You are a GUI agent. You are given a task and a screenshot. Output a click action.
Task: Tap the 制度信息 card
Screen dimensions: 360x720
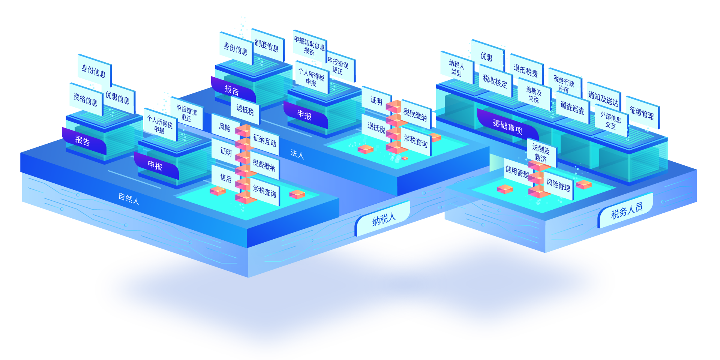coord(267,46)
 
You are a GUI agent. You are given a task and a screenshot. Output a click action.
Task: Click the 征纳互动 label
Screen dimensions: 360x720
coord(265,141)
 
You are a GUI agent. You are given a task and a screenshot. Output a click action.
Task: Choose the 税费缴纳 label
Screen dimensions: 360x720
coord(264,165)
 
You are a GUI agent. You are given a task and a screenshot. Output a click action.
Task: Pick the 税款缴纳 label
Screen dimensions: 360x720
coord(415,114)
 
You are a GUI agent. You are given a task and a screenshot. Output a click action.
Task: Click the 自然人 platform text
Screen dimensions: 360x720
coord(129,199)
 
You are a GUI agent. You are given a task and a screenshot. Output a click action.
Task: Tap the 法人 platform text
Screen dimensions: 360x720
coord(297,153)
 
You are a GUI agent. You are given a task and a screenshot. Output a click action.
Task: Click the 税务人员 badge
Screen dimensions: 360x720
coord(627,211)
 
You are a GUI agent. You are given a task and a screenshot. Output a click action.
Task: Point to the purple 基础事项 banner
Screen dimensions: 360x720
coord(507,126)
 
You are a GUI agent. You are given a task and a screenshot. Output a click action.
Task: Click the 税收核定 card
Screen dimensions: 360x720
coord(495,81)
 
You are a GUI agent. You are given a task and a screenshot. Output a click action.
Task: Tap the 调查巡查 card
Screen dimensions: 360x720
coord(572,108)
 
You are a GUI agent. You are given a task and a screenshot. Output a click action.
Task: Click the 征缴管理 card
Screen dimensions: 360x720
coord(642,113)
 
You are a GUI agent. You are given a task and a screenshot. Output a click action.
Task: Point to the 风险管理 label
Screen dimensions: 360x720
coord(558,185)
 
